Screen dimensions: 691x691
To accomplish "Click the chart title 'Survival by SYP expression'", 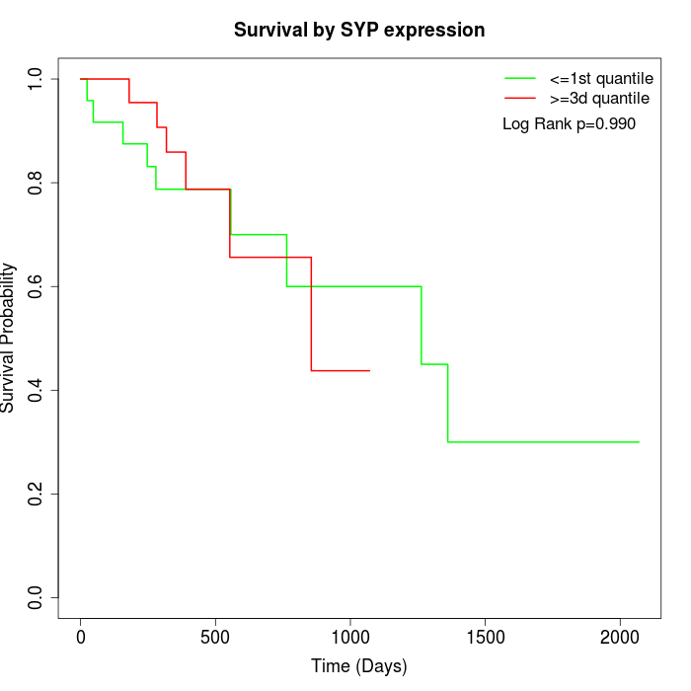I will [359, 31].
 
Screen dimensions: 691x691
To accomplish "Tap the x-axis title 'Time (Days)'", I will [359, 666].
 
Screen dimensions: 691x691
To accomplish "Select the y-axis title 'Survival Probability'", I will [9, 338].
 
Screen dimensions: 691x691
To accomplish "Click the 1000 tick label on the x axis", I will [350, 637].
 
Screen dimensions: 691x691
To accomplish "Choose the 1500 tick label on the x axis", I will [485, 637].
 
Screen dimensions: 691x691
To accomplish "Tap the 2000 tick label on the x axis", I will [620, 637].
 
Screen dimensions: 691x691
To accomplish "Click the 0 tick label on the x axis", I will [81, 637].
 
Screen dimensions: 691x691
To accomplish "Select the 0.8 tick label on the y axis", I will [37, 183].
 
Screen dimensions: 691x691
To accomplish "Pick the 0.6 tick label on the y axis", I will [37, 286].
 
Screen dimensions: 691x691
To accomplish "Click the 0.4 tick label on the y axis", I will [37, 390].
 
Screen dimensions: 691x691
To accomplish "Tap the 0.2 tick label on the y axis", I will [37, 494].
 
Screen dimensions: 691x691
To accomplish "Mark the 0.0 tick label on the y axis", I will [37, 597].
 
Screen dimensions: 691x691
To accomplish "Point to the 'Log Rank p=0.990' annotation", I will [569, 124].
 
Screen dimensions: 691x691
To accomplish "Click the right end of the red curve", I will [369, 370].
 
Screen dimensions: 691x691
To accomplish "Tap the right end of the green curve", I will [639, 442].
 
